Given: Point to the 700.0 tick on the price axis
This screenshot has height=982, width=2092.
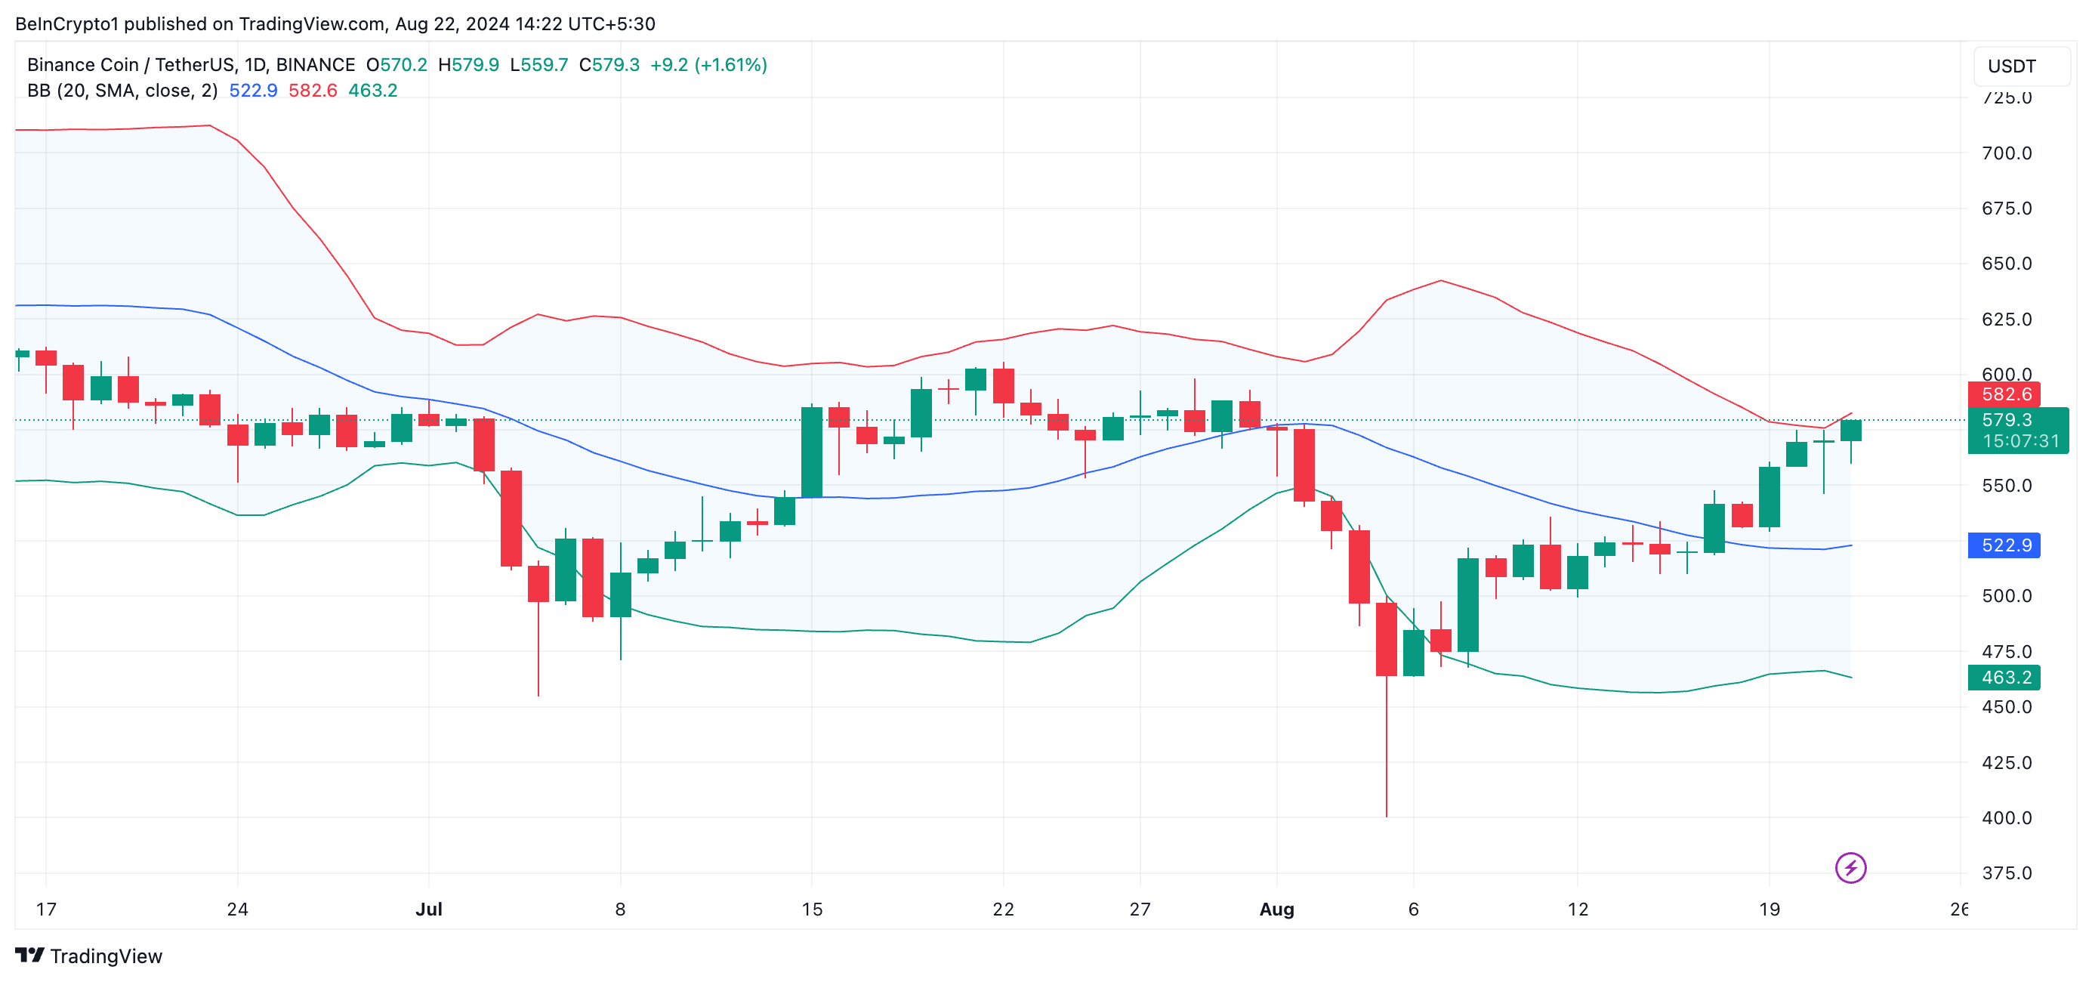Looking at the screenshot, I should (2006, 153).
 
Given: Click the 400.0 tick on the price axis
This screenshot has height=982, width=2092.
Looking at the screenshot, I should (2006, 818).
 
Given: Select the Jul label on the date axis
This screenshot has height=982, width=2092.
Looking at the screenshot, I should (429, 909).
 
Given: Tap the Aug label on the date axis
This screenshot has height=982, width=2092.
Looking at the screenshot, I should (1276, 909).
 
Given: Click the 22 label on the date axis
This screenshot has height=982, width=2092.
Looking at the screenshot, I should (1003, 909).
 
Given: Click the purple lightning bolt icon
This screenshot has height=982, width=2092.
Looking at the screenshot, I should (1851, 867).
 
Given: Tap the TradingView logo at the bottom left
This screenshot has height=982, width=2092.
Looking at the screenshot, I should (88, 956).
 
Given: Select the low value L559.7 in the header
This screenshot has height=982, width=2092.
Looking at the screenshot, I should (539, 65).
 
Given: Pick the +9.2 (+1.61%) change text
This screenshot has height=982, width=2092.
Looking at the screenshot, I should (708, 65).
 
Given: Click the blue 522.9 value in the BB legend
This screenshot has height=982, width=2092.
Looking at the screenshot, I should (252, 91).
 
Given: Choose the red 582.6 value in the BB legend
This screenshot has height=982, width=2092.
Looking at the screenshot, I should (313, 91).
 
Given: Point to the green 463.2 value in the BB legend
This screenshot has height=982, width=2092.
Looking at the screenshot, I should (373, 91).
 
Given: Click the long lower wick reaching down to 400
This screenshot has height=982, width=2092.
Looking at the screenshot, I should (1387, 747).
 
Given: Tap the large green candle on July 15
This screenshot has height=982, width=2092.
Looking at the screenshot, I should (811, 452).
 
